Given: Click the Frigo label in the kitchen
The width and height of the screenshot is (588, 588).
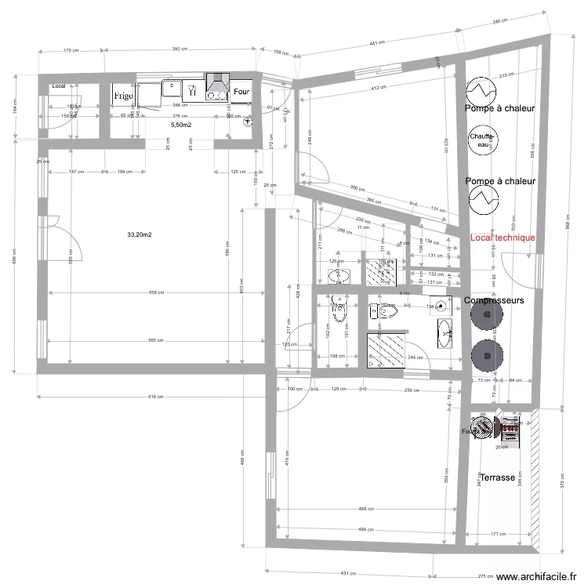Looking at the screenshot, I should click(x=123, y=95).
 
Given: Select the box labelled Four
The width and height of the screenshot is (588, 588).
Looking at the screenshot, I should click(x=241, y=91).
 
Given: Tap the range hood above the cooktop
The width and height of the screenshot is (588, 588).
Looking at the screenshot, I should click(x=217, y=80).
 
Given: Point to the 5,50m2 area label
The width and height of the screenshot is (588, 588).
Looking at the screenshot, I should click(x=182, y=124).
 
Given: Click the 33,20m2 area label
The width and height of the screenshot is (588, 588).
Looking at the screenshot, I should click(x=139, y=234).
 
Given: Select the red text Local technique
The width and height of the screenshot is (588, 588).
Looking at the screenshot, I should click(x=503, y=238).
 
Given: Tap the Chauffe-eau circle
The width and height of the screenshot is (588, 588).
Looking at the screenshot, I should click(x=480, y=141).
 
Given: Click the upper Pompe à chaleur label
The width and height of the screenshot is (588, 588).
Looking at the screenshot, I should click(x=499, y=108).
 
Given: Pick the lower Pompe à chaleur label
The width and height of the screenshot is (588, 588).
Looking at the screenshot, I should click(x=499, y=181).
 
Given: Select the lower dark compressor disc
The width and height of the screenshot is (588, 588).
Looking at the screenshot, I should click(x=487, y=354).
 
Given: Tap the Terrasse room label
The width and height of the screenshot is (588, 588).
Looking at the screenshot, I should click(x=497, y=477).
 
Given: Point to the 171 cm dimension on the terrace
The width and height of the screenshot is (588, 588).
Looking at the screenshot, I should click(x=498, y=534).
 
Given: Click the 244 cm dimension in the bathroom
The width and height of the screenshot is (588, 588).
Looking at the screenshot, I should click(x=414, y=357).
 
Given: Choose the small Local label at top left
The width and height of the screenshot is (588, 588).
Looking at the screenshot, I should click(x=58, y=85).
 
